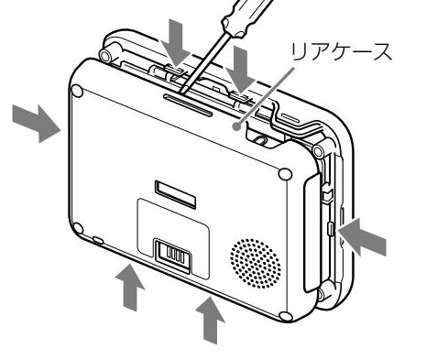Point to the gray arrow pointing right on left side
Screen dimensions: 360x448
[35, 121]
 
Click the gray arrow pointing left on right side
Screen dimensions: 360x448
[363, 240]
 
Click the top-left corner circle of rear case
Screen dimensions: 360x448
[77, 91]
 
